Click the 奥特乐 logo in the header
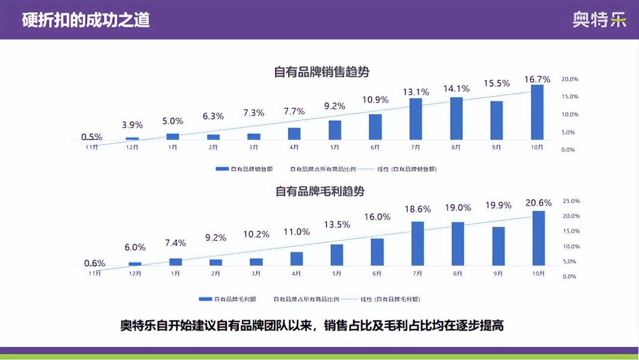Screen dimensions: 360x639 tap(599, 19)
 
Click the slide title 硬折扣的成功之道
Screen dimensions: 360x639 tap(86, 19)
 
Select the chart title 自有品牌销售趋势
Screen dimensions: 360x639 tap(322, 72)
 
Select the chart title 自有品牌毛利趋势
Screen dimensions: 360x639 tap(320, 191)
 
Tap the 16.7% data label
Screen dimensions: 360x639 tap(537, 79)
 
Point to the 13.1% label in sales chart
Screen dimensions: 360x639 tap(416, 92)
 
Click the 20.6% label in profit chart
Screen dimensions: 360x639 tap(538, 203)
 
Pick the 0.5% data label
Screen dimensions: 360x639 tap(92, 137)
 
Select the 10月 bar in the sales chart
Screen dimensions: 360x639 tap(537, 112)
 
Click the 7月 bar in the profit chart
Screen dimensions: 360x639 tap(418, 243)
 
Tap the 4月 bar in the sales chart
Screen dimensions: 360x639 tap(294, 134)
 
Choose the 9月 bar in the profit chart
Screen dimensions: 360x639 tap(498, 246)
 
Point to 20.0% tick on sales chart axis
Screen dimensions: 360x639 tap(570, 79)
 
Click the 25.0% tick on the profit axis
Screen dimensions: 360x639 tap(571, 201)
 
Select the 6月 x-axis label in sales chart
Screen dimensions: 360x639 tap(375, 148)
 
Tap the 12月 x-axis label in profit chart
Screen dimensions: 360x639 tap(135, 274)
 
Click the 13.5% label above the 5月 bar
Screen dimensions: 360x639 tap(336, 224)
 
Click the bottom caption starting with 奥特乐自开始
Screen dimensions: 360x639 tap(312, 326)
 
